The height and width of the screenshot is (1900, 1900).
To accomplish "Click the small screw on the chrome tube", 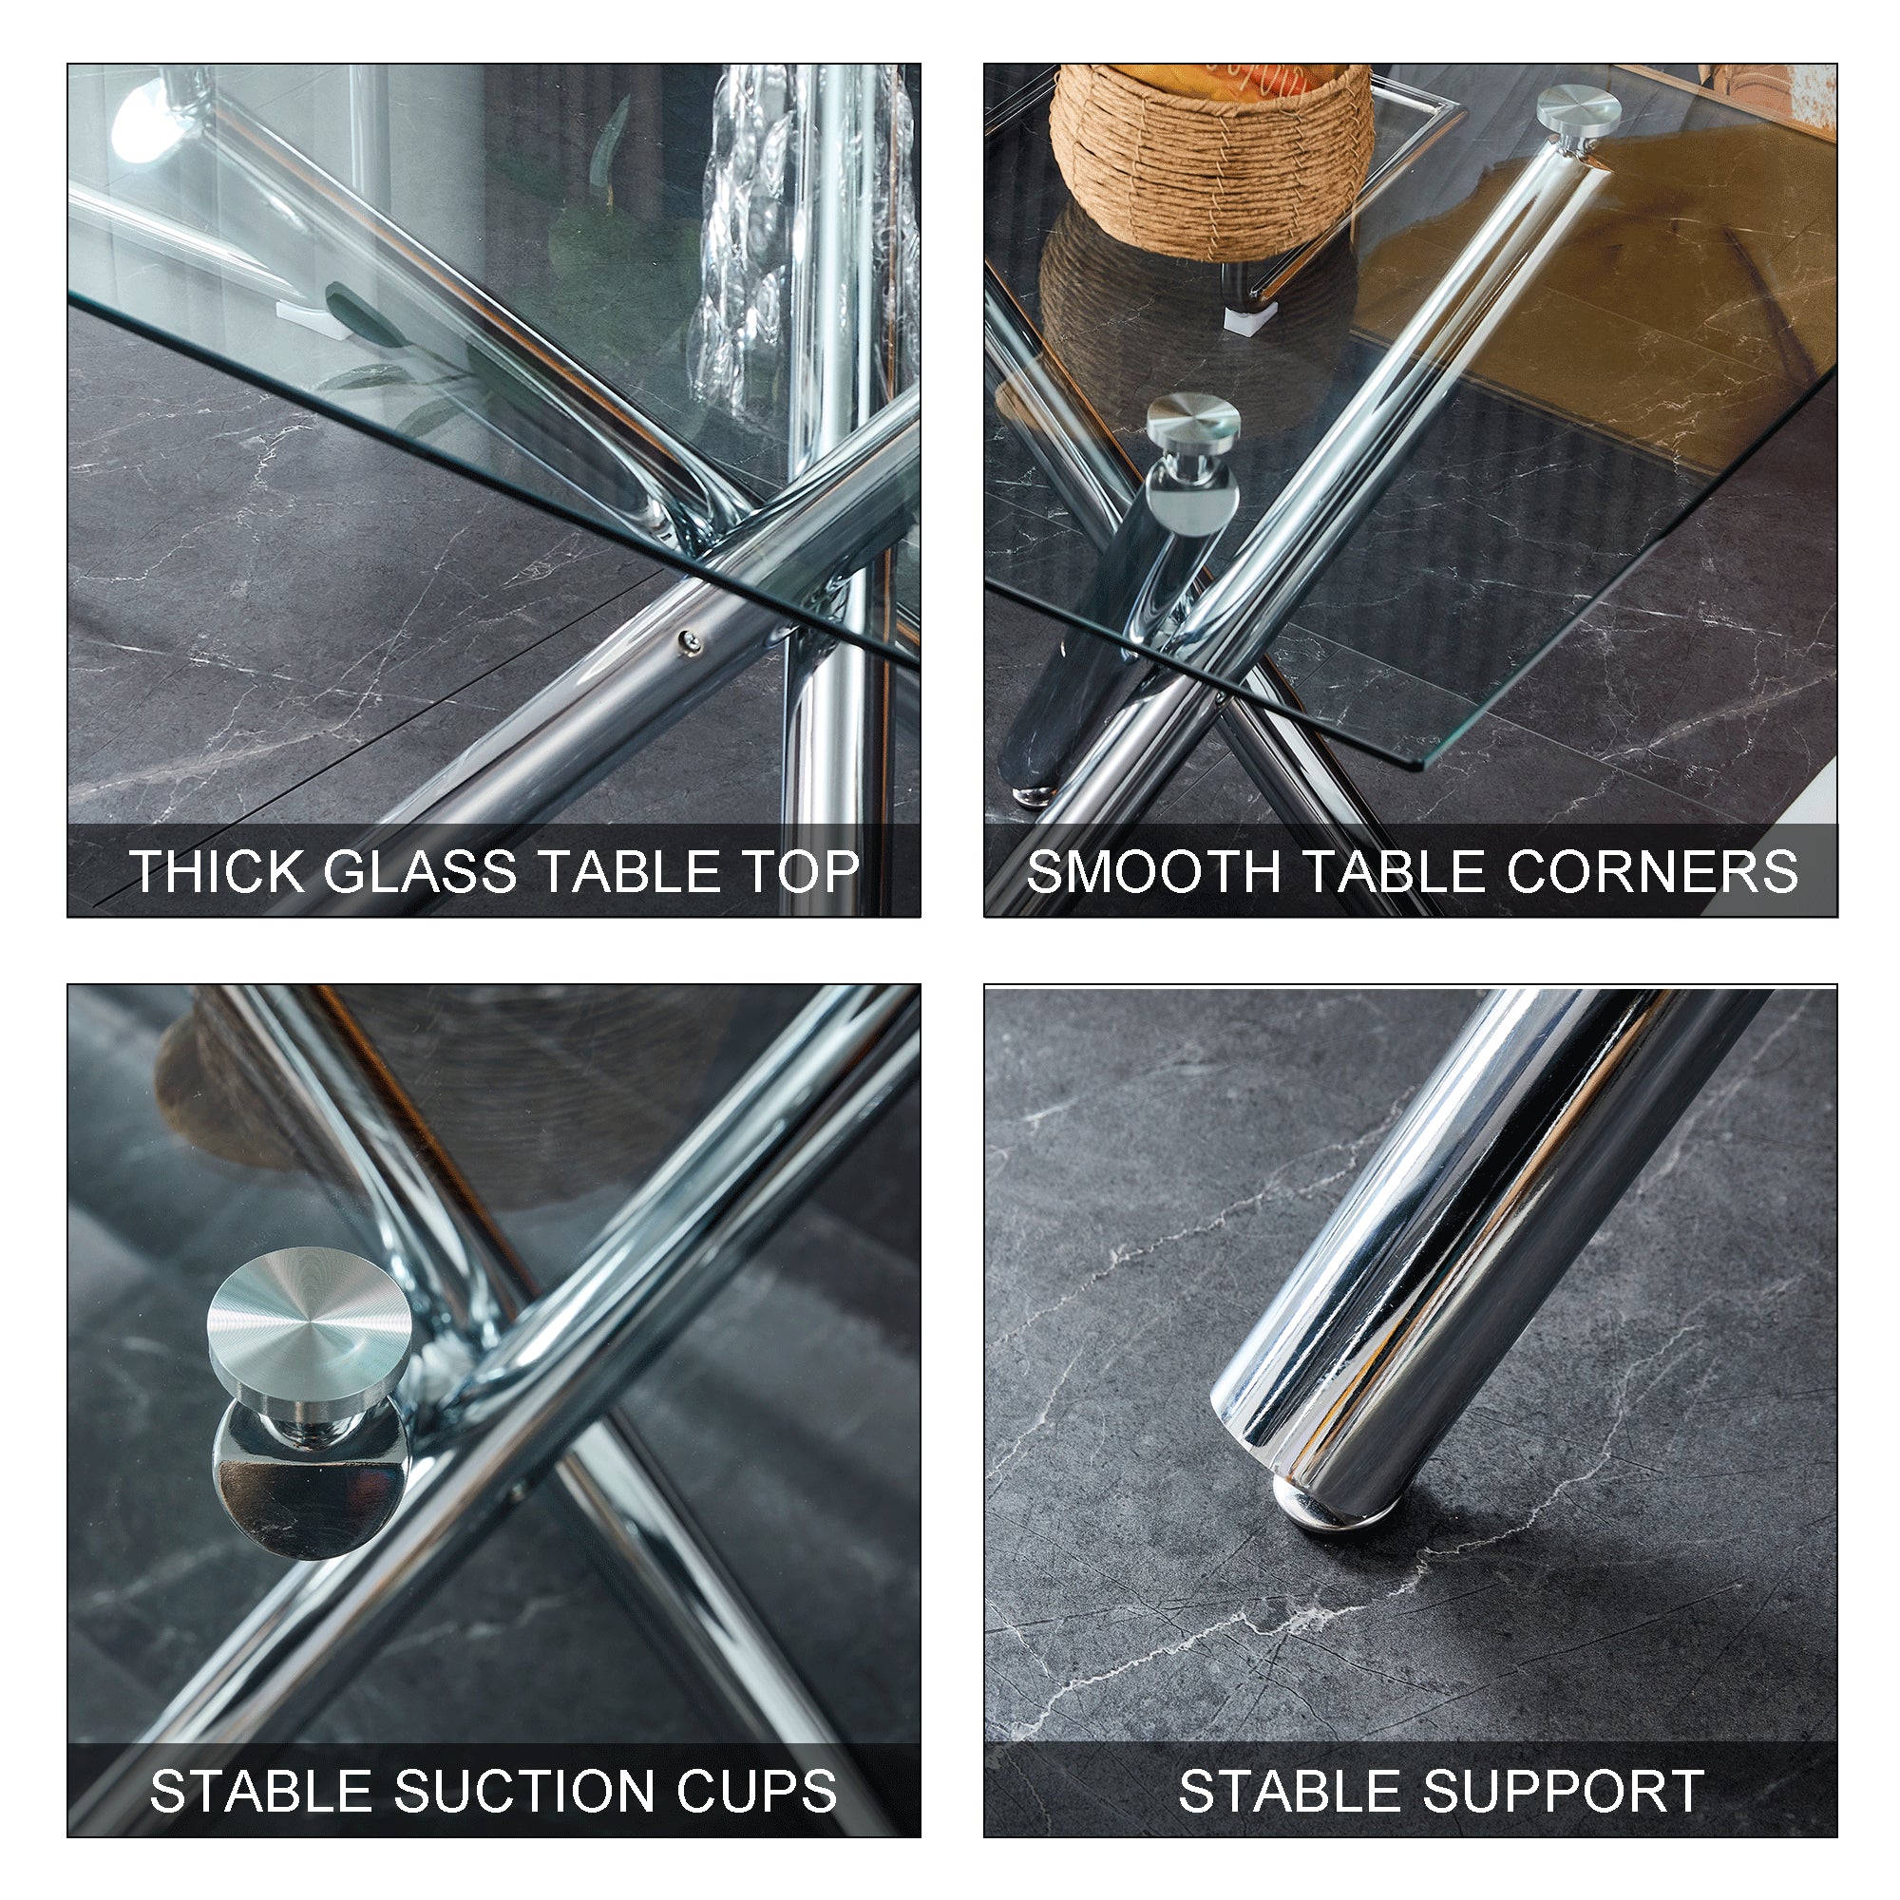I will coord(691,642).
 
